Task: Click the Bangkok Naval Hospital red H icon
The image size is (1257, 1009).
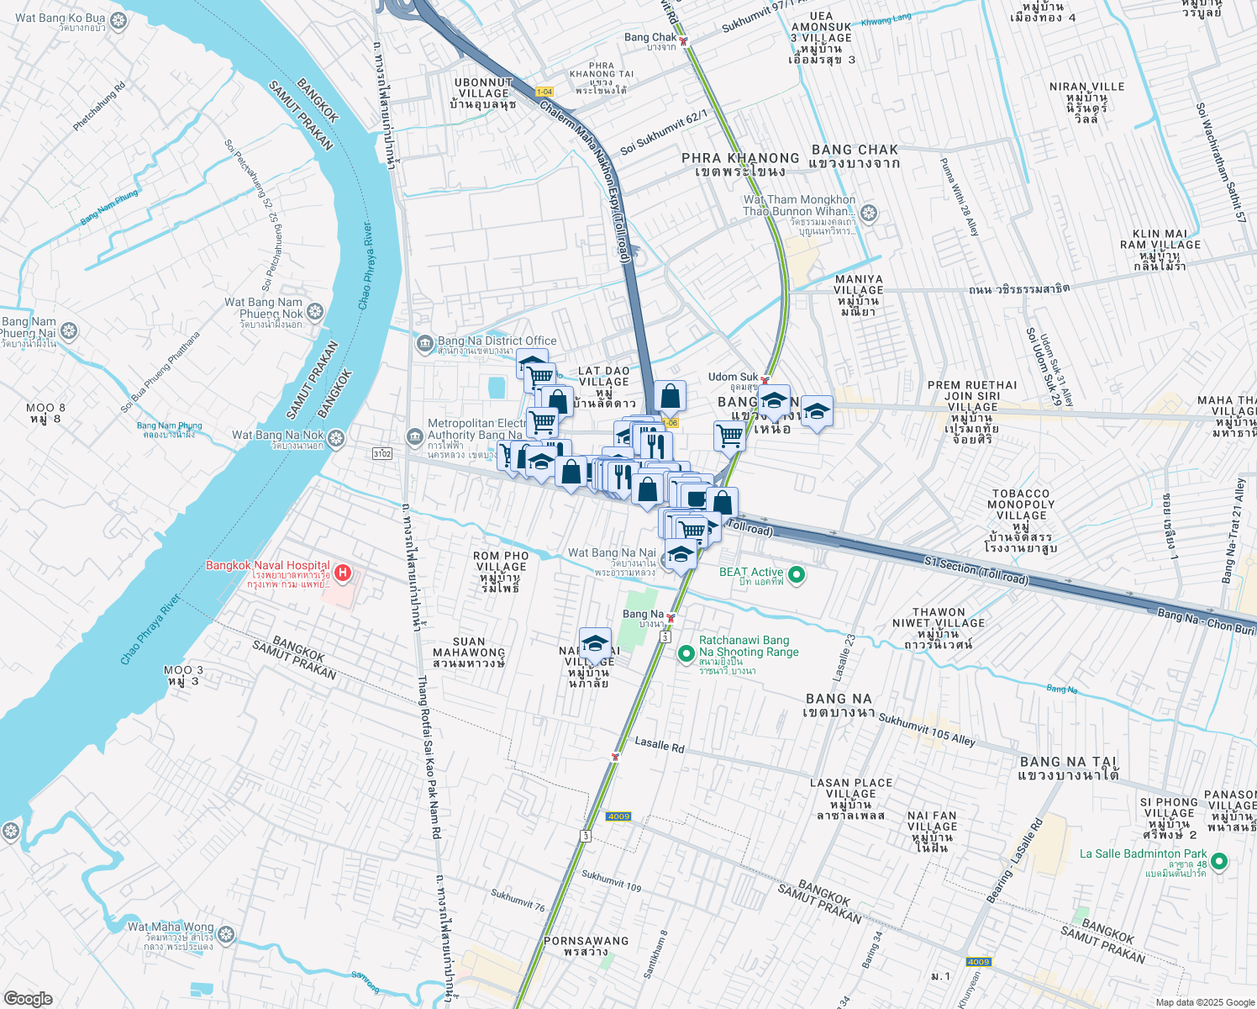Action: point(342,573)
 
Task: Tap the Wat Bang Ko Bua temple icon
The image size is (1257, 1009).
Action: point(118,18)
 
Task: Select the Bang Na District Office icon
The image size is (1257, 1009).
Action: point(425,342)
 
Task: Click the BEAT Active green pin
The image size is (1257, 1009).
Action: point(797,575)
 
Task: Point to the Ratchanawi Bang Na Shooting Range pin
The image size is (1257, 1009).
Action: point(686,652)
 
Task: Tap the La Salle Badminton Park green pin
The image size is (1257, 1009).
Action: point(1220,861)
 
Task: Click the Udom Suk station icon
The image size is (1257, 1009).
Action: point(765,380)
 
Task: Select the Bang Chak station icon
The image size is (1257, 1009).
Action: point(685,40)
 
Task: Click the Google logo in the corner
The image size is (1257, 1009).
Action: point(28,999)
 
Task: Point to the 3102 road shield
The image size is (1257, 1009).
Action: point(381,454)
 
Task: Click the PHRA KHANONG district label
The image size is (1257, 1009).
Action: point(740,158)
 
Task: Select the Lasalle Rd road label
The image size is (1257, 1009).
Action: point(660,745)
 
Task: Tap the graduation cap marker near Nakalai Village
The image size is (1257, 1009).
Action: point(595,644)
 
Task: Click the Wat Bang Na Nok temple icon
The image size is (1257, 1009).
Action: point(336,438)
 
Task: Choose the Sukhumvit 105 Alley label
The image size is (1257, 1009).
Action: point(927,729)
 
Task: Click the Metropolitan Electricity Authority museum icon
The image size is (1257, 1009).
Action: point(414,436)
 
